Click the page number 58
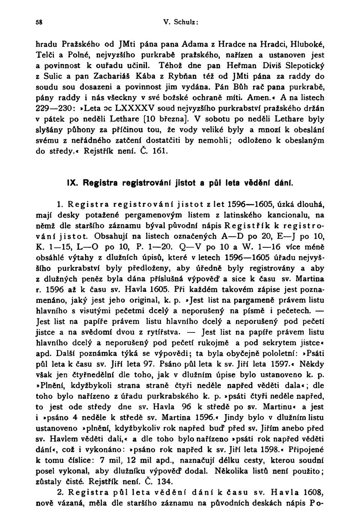tap(39, 22)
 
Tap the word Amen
tap(259, 97)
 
